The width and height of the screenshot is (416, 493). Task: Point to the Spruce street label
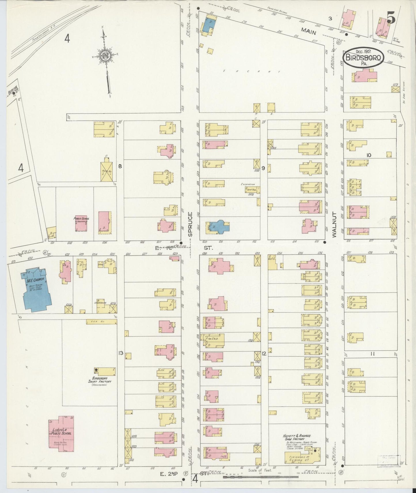pos(190,224)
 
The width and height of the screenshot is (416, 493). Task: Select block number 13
pos(120,353)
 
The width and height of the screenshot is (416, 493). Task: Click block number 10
pos(369,155)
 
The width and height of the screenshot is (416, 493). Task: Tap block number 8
pos(120,166)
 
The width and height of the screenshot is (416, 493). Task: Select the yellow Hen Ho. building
pos(101,322)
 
